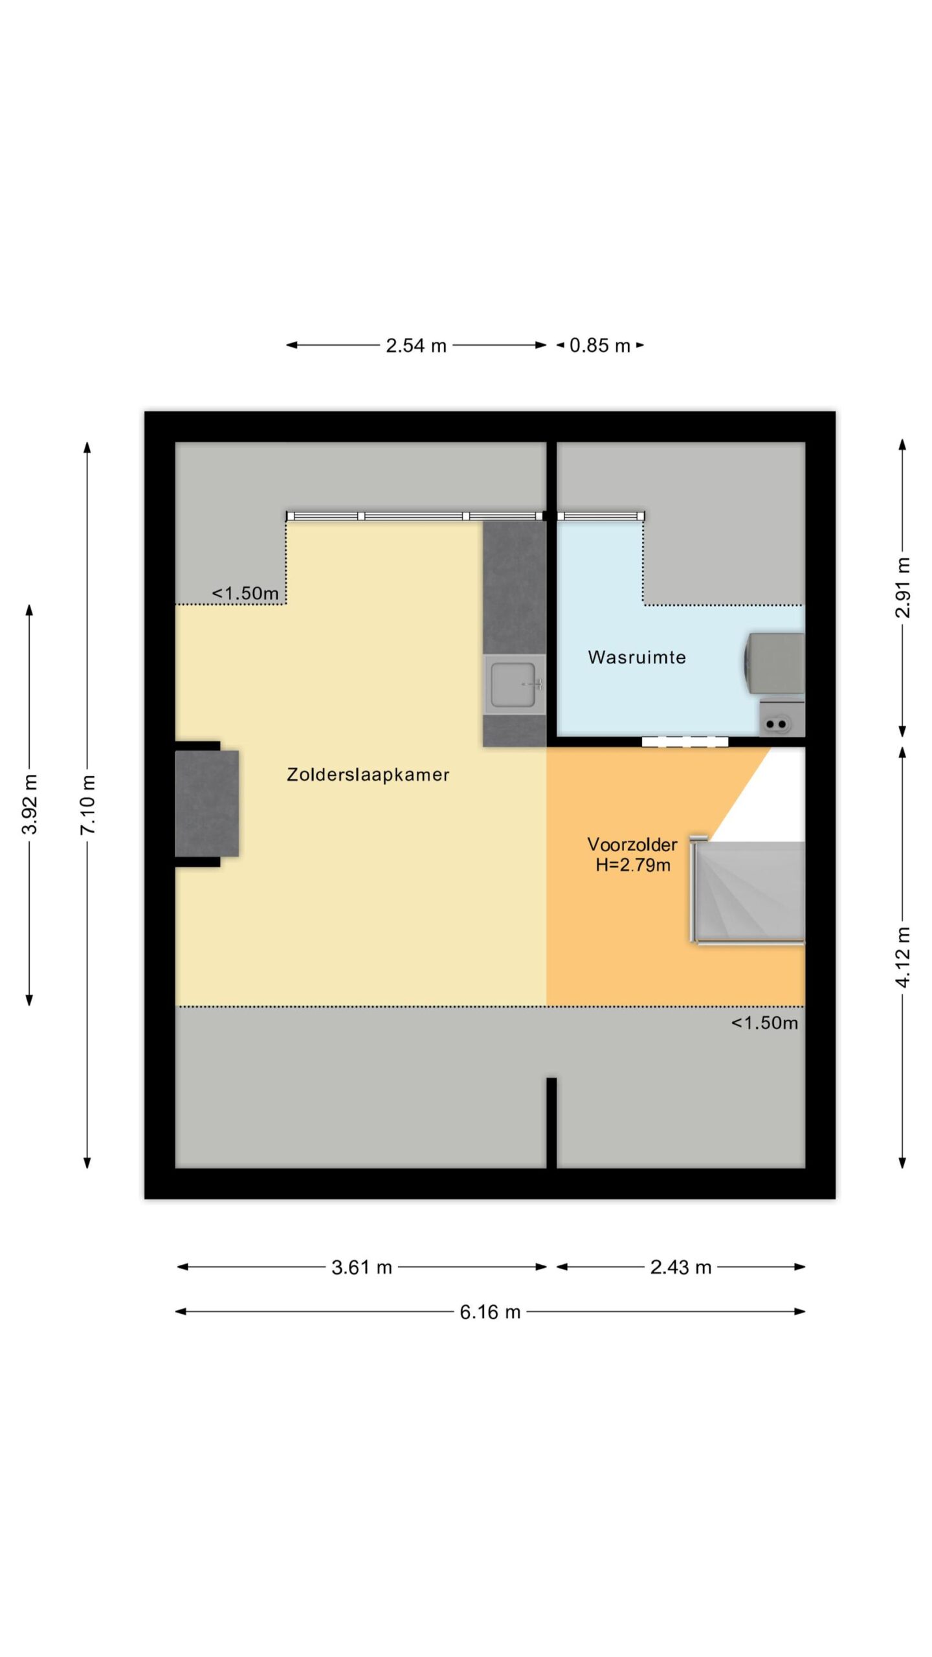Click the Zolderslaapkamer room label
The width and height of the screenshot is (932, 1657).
click(368, 774)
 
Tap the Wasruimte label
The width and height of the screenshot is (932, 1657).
click(637, 657)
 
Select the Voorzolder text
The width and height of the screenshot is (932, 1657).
click(632, 844)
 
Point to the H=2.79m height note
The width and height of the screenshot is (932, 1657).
click(633, 865)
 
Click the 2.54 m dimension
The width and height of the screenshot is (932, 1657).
click(416, 346)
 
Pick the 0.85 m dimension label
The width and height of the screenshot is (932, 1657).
click(600, 346)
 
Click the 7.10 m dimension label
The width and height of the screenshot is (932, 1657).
click(88, 805)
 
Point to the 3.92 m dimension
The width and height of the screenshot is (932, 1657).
click(30, 805)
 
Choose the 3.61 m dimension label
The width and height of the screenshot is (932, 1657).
click(362, 1267)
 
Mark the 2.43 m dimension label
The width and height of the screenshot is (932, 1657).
click(681, 1267)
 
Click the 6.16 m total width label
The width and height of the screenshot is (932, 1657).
click(490, 1312)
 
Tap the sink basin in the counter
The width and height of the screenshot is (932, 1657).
click(514, 684)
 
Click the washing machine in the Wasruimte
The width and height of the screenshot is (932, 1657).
click(774, 663)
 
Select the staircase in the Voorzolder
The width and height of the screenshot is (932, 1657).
click(748, 892)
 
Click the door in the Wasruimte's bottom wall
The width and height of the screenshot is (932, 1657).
click(685, 742)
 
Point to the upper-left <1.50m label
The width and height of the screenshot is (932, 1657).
click(245, 593)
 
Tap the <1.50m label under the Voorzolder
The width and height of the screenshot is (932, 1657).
click(764, 1023)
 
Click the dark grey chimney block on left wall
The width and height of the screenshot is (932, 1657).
click(207, 803)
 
